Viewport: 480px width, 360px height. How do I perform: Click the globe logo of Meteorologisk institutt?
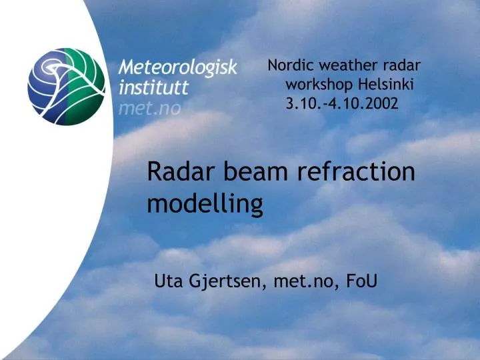[66, 87]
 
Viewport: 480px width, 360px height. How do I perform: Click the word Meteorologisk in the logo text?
[177, 68]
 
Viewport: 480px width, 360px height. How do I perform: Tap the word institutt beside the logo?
[154, 87]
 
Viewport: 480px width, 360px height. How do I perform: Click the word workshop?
[320, 85]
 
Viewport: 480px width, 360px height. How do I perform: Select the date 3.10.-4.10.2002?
[342, 103]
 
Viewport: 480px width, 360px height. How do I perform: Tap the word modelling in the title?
[205, 204]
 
